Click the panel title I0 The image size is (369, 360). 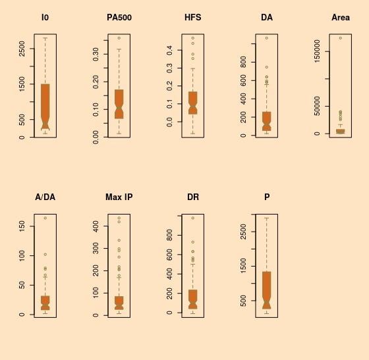click(x=45, y=18)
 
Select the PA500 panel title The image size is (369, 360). click(x=119, y=18)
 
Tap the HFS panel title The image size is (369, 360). click(x=193, y=18)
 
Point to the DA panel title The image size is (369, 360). click(x=267, y=18)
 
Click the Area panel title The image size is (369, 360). click(x=341, y=18)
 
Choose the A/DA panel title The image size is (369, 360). click(x=45, y=197)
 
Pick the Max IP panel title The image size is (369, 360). click(x=119, y=197)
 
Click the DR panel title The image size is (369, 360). click(x=193, y=197)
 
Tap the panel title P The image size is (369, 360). click(x=267, y=197)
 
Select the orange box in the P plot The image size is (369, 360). click(x=267, y=286)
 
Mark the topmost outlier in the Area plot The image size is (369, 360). click(x=341, y=38)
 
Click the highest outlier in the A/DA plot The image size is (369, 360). click(x=45, y=218)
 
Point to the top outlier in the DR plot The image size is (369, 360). click(x=193, y=218)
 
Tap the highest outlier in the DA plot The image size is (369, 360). click(x=267, y=38)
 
